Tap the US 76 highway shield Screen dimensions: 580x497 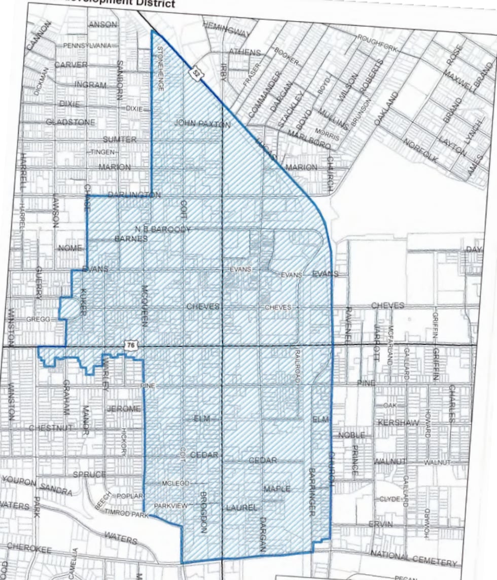131,345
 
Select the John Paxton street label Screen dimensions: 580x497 202,123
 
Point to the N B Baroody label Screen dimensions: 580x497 163,230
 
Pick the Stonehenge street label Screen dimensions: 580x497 160,68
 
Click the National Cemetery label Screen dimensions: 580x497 414,558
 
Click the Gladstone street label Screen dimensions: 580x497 70,122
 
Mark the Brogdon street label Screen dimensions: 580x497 203,512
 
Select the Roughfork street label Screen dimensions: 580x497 378,44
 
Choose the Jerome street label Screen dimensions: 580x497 123,409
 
